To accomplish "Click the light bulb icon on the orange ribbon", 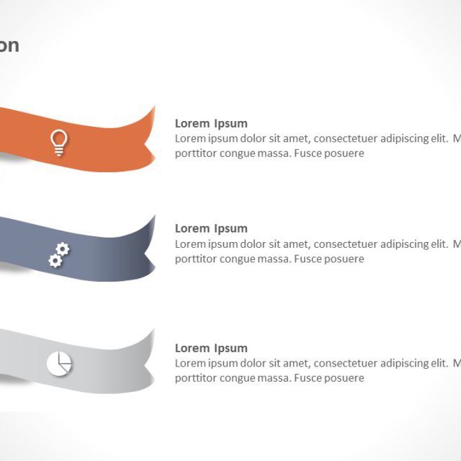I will (58, 142).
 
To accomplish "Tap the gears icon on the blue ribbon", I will (59, 254).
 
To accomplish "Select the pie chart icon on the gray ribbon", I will (59, 364).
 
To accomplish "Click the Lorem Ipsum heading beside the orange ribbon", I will (211, 123).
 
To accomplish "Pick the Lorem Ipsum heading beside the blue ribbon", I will (211, 228).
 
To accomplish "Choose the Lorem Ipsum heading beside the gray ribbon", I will (211, 348).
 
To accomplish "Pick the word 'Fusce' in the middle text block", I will (308, 259).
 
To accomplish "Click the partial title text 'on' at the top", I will (9, 46).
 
